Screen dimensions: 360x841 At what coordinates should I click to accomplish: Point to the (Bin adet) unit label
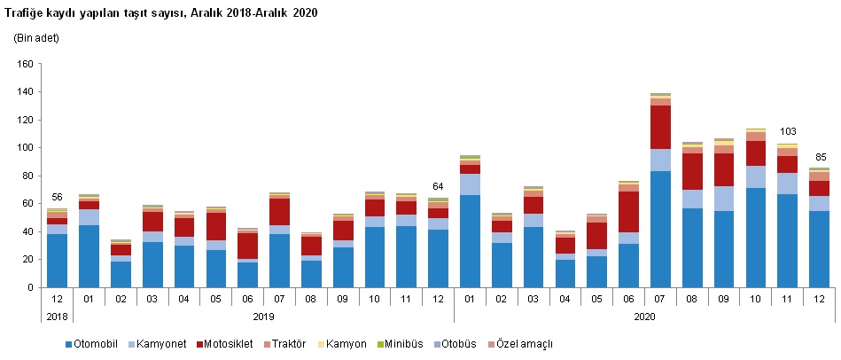point(36,39)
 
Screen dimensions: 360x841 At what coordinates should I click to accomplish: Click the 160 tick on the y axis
point(24,64)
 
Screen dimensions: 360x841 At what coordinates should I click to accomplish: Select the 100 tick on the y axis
point(24,148)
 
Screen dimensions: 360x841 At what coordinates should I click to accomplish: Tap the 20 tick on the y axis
point(27,260)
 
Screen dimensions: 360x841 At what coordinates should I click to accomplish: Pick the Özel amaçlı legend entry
point(526,343)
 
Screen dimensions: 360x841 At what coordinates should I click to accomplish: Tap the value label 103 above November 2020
point(788,132)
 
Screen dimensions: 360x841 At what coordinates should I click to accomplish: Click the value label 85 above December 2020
point(820,157)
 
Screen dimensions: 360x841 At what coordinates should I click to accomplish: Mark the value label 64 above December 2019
point(437,186)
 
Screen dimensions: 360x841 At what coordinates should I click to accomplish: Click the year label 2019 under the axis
point(262,316)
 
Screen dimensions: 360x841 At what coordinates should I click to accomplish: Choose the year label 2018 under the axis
point(57,316)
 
